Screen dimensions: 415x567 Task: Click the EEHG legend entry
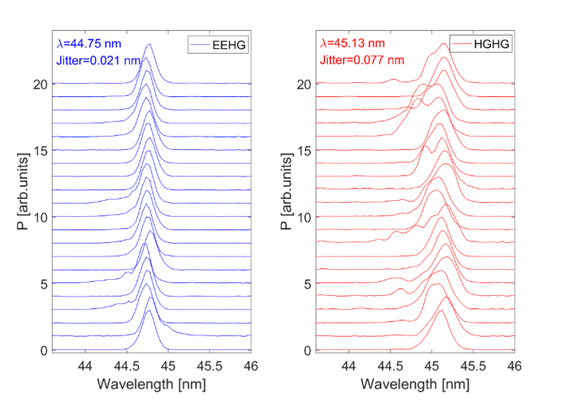(x=219, y=45)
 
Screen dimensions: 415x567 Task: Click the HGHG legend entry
(x=482, y=45)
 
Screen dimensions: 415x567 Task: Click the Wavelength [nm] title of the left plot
(x=151, y=383)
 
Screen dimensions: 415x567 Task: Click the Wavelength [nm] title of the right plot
(x=416, y=383)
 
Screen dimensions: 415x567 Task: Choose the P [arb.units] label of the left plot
(x=25, y=190)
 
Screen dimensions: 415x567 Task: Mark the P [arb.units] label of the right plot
(x=288, y=190)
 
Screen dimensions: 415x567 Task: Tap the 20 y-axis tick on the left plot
(x=41, y=84)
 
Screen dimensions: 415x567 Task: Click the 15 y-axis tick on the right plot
(x=305, y=151)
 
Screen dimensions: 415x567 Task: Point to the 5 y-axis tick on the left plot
(x=44, y=284)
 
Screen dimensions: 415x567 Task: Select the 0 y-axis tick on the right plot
(x=308, y=350)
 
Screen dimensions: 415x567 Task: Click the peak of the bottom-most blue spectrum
(x=149, y=310)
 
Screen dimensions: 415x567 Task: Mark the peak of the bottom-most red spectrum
(x=440, y=311)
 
